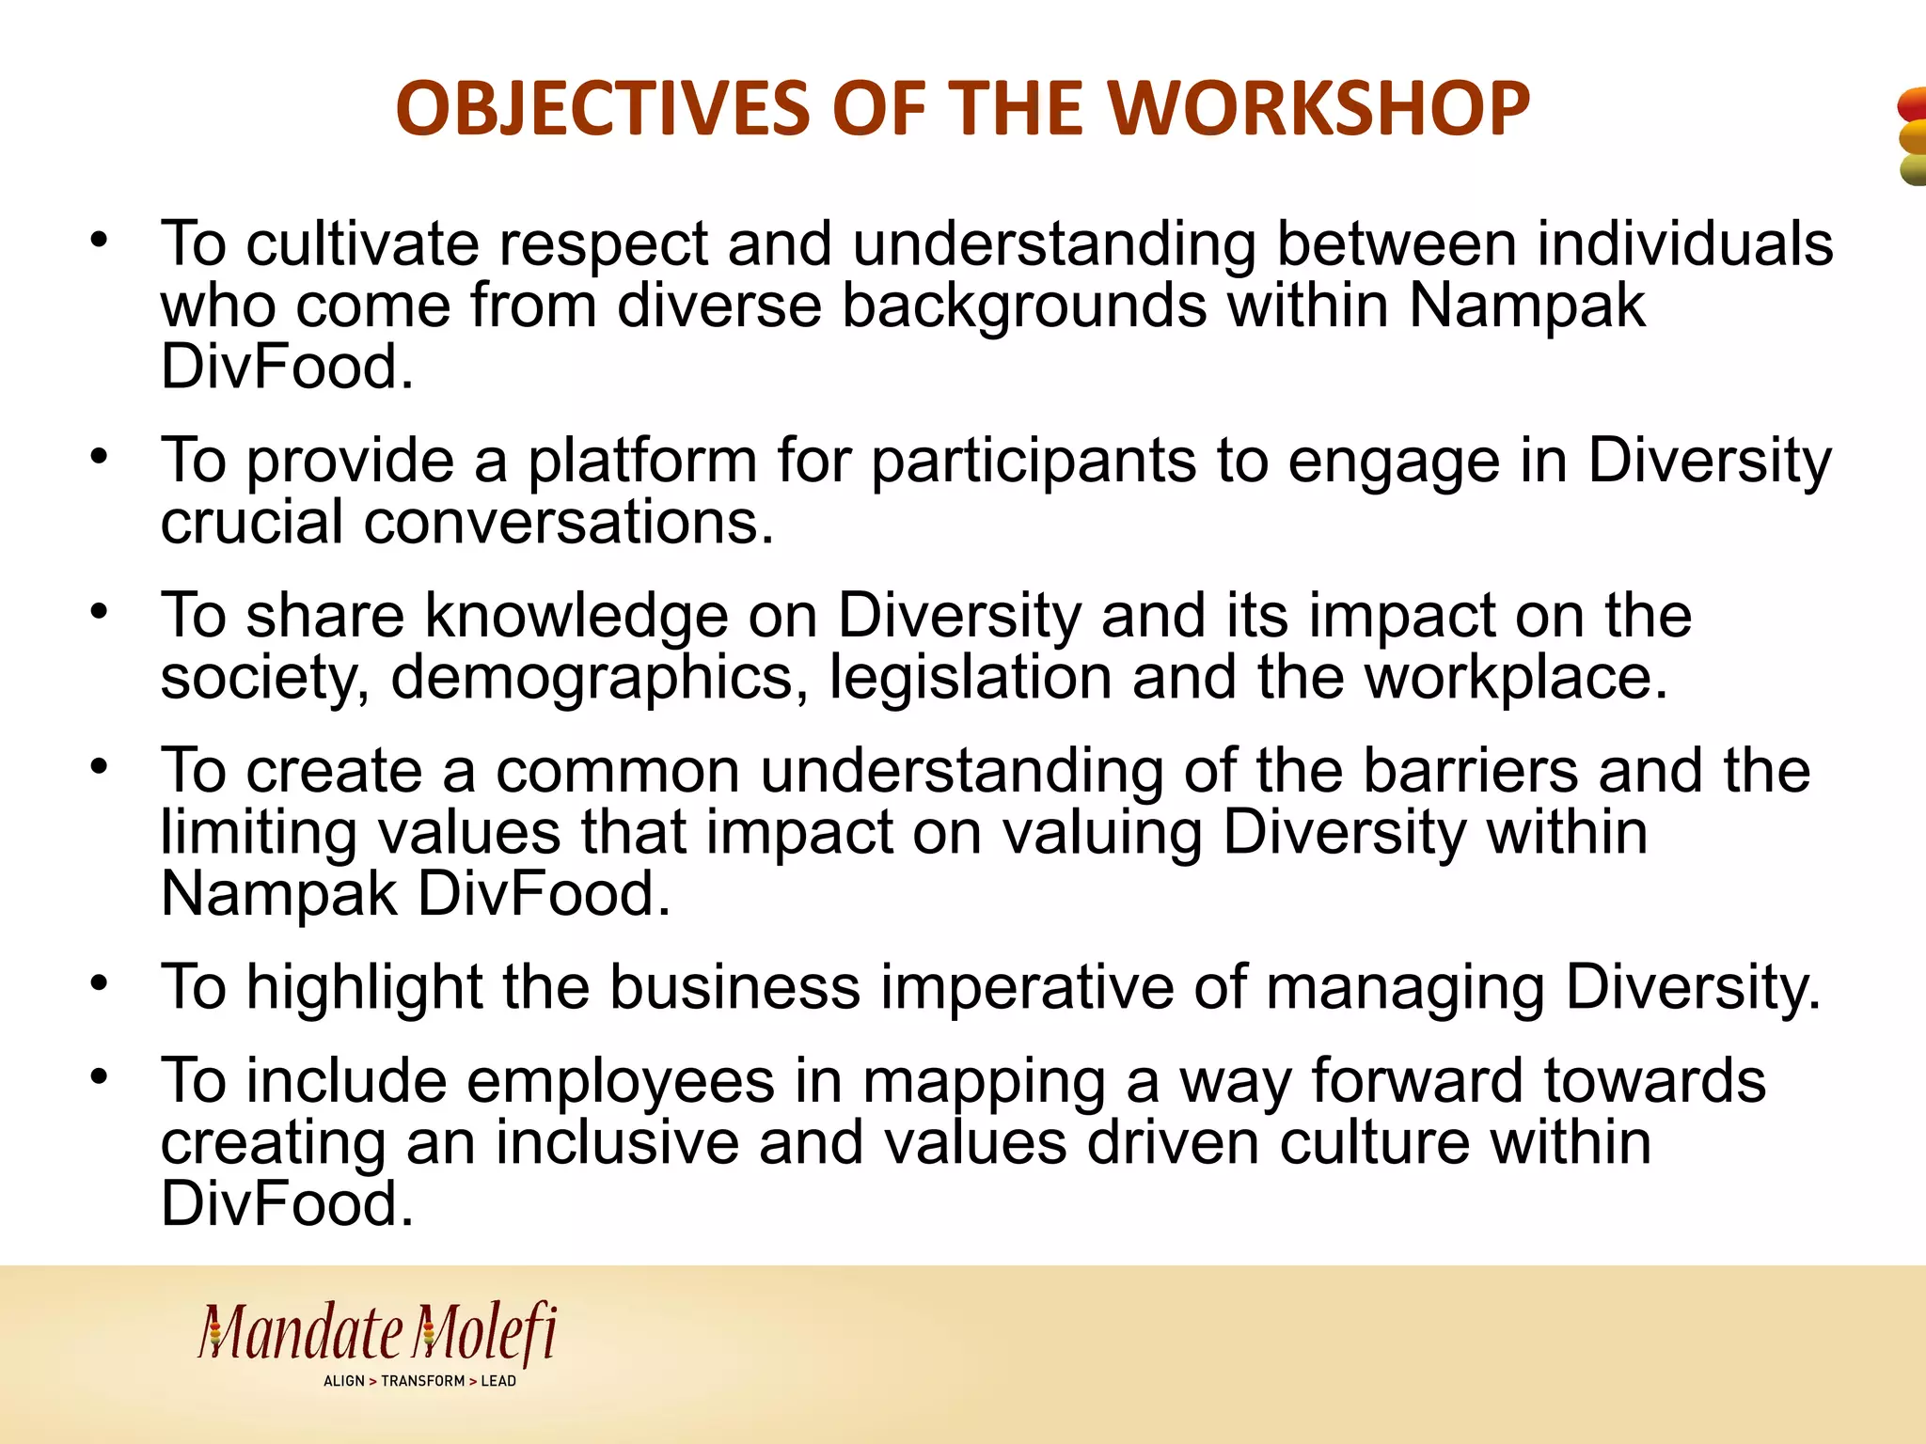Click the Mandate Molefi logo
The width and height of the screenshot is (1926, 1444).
tap(377, 1333)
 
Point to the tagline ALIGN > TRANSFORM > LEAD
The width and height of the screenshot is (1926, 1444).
tap(419, 1381)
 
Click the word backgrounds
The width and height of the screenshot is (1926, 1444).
tap(1023, 306)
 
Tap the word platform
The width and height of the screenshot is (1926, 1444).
tap(641, 462)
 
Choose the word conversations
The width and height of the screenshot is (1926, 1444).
tap(568, 523)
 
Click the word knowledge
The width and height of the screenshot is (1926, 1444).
tap(576, 617)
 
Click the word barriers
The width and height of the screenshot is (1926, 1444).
tap(1470, 771)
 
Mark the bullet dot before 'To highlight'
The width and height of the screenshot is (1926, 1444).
tap(100, 983)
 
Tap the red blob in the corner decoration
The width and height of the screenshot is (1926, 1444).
tap(1913, 103)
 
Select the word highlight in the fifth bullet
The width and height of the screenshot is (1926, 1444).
tap(364, 988)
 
